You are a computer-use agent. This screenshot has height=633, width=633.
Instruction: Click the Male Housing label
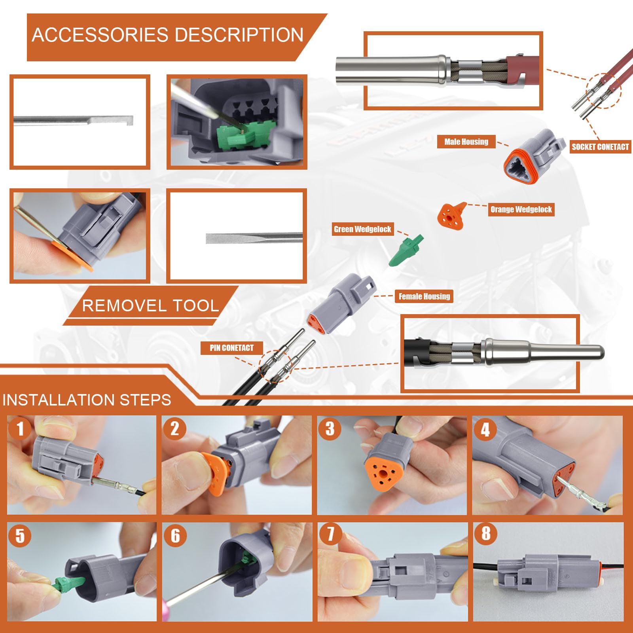[466, 142]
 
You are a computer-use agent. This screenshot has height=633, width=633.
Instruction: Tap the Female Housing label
[424, 296]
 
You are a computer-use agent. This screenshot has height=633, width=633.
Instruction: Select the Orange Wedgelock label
[521, 209]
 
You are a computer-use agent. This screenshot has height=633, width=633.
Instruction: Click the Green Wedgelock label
[362, 229]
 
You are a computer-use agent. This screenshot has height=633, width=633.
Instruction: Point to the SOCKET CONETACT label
[600, 147]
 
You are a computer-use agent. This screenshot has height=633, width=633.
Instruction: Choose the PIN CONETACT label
[231, 348]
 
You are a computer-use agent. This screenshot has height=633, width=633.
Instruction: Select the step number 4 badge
[485, 429]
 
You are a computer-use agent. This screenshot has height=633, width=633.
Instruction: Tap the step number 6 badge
[175, 536]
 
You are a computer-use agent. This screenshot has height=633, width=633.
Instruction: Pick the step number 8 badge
[486, 533]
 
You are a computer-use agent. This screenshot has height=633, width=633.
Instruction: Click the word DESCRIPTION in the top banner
[239, 35]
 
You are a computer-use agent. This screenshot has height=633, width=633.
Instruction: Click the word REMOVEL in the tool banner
[124, 306]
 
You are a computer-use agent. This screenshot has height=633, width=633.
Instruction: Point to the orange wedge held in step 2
[214, 475]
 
